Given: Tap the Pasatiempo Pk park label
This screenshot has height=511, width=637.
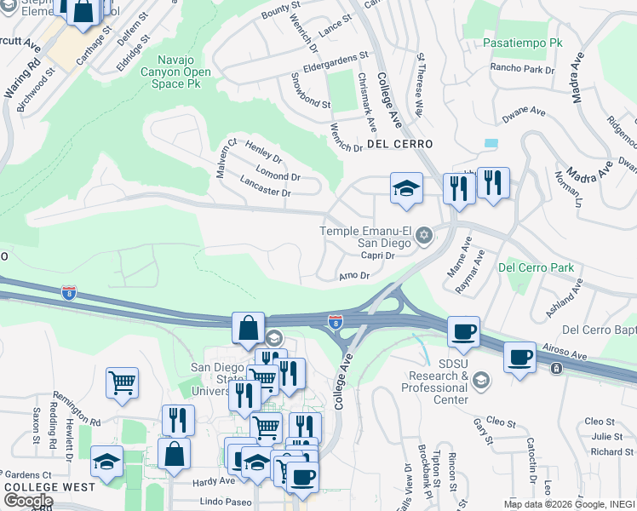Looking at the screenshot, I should [x=523, y=42].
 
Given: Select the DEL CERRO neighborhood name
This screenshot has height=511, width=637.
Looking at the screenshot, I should [x=400, y=144].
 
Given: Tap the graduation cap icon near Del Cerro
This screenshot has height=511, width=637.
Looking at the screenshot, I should [x=406, y=188].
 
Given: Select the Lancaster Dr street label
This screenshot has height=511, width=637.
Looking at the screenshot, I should [x=266, y=187].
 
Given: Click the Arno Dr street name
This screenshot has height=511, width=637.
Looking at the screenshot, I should [x=353, y=276].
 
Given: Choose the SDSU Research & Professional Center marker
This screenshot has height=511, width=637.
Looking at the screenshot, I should [x=481, y=379].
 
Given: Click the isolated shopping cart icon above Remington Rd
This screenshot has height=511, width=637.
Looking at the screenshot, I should [x=123, y=382].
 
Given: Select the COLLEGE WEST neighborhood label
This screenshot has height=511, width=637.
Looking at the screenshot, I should [x=43, y=487].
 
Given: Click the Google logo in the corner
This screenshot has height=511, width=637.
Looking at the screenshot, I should [x=28, y=501].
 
